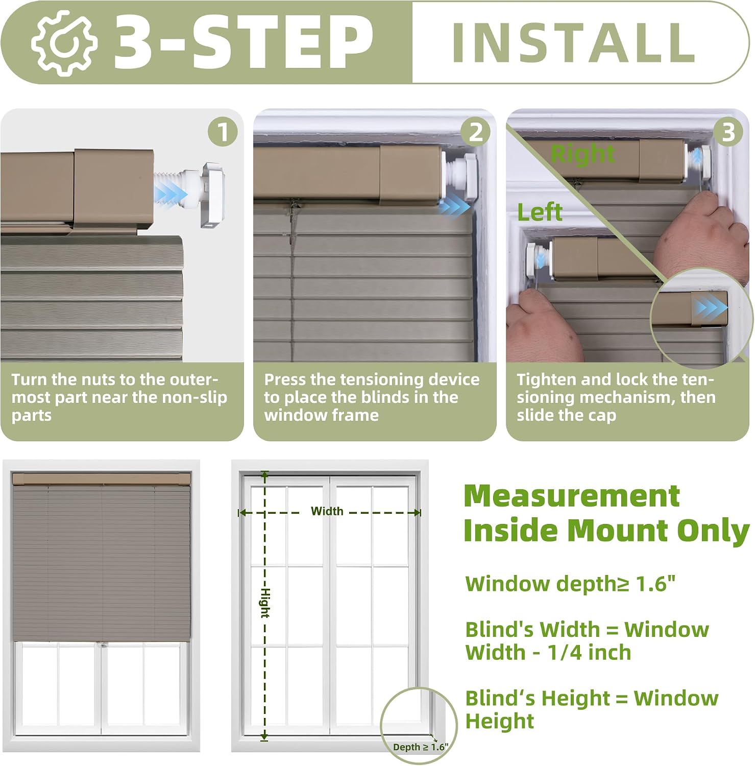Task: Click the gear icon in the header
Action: [x=63, y=42]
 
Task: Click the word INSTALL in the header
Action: [x=574, y=43]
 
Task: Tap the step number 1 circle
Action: [x=223, y=132]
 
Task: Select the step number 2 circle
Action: [x=475, y=132]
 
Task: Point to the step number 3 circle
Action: [x=728, y=132]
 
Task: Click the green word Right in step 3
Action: [x=582, y=153]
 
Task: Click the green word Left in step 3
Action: [x=540, y=212]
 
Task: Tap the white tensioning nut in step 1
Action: [x=213, y=195]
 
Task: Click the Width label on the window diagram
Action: [x=327, y=511]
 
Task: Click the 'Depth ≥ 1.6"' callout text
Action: [x=421, y=747]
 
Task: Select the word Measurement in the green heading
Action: [x=572, y=495]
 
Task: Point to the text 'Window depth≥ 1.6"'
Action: [x=570, y=584]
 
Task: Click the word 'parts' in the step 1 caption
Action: [x=32, y=416]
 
